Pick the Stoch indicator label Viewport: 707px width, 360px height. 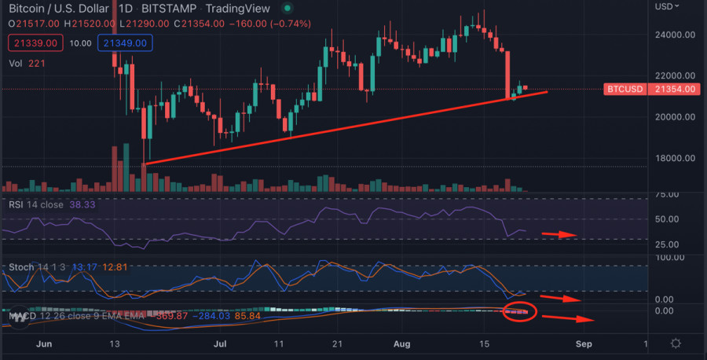[21, 267]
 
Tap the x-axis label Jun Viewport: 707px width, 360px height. [44, 344]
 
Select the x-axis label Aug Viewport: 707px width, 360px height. [402, 344]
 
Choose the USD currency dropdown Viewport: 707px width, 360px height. [666, 6]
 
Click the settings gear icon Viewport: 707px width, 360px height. [676, 344]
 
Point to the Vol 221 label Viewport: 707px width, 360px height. [25, 63]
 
